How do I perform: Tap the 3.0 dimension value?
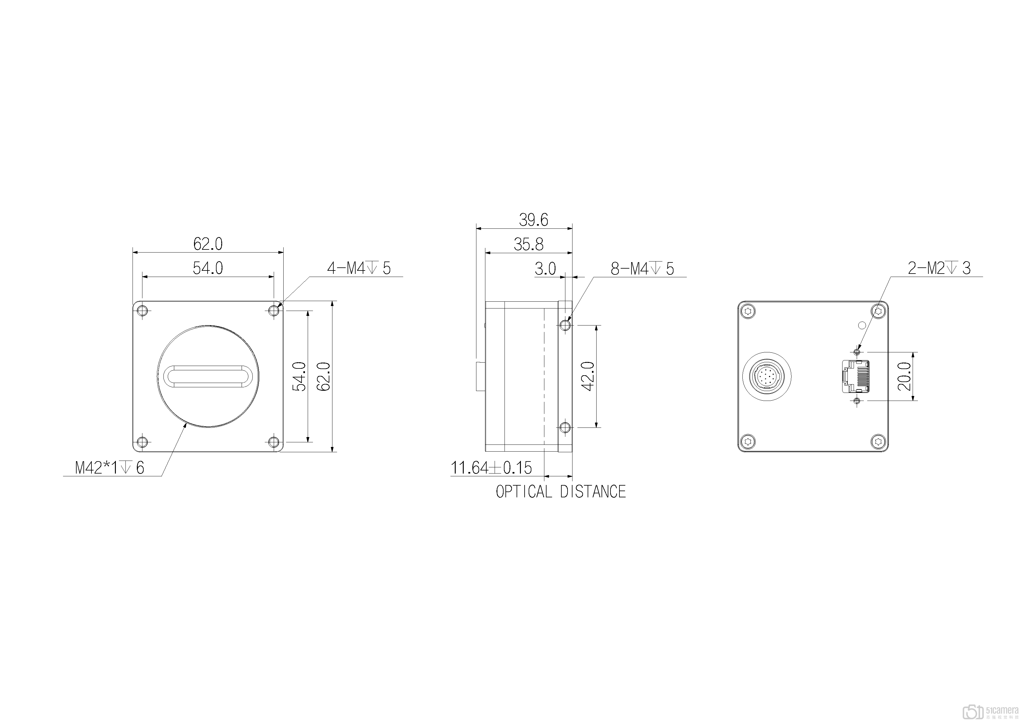(x=545, y=269)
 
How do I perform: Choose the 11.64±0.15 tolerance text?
(x=491, y=468)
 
